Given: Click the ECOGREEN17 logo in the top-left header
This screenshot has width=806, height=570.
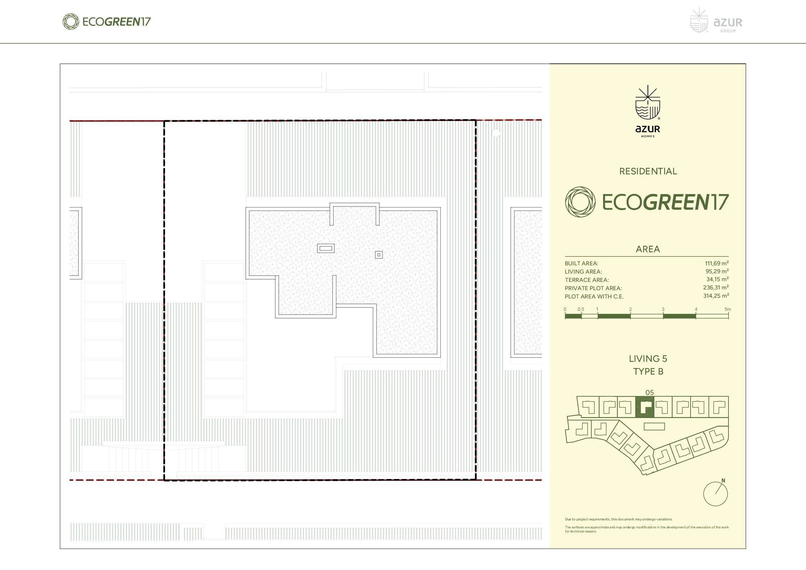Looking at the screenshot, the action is (106, 21).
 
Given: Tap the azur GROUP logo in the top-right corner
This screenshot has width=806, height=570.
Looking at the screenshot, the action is (716, 20).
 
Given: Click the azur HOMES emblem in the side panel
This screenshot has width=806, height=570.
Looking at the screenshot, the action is (648, 111).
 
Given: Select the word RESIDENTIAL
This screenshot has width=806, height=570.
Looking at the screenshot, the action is (648, 171).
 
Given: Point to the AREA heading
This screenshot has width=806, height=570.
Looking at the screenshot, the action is (648, 249).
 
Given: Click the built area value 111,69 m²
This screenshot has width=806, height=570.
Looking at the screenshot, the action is (716, 263).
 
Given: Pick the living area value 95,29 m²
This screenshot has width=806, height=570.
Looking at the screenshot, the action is (717, 271).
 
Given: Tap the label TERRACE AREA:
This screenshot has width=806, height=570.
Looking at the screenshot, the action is (586, 280).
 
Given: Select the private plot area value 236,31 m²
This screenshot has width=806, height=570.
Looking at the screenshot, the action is (716, 288).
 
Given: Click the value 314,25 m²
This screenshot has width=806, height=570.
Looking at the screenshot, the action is (716, 296).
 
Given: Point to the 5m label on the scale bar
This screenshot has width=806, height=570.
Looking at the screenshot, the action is (728, 309).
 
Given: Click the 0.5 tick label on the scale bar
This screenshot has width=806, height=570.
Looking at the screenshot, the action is (581, 309).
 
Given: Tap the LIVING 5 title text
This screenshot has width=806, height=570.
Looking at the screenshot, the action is (648, 359).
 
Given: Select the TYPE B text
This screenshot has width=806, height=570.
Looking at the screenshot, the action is (648, 371).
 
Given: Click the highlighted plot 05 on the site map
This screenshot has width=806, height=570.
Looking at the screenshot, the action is (645, 407).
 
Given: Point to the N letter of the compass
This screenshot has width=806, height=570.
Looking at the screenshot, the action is (723, 480).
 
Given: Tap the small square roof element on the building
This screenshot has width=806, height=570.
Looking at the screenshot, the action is (379, 255).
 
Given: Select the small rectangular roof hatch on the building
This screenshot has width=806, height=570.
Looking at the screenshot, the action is (326, 248).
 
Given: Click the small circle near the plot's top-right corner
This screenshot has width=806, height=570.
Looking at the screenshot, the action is (496, 133).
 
